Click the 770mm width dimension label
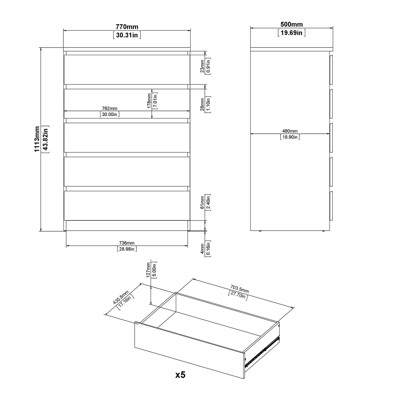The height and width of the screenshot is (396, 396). [x=127, y=27]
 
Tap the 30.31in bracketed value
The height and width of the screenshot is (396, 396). [x=127, y=35]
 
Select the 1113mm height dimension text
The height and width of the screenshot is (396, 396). [x=38, y=139]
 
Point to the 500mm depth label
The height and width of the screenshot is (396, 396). [x=291, y=24]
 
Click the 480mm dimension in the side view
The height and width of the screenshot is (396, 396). [x=290, y=131]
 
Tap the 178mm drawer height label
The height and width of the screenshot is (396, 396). [x=149, y=100]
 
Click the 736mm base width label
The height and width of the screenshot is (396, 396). [x=127, y=243]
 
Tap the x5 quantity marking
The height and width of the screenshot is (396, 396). [x=180, y=375]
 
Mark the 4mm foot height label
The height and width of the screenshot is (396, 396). [x=202, y=249]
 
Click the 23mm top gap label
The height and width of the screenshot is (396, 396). [x=202, y=66]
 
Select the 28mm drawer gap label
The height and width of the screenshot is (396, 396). [x=202, y=104]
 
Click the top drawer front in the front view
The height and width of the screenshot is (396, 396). [x=127, y=69]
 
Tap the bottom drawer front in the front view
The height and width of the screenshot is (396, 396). [x=127, y=206]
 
